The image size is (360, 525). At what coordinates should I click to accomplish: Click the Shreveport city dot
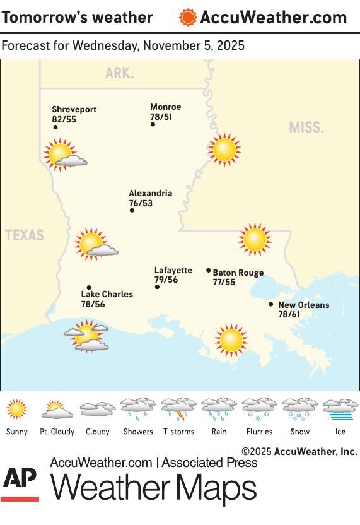pyautogui.click(x=55, y=127)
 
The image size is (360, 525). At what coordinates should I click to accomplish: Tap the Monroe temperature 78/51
pyautogui.click(x=161, y=117)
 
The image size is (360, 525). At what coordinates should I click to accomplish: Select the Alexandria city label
pyautogui.click(x=150, y=194)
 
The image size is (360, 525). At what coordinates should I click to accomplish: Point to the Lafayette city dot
pyautogui.click(x=157, y=287)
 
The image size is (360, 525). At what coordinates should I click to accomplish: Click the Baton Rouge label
pyautogui.click(x=238, y=273)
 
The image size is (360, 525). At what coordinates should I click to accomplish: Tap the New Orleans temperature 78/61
pyautogui.click(x=289, y=314)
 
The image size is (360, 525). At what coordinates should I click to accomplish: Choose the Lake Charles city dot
pyautogui.click(x=89, y=287)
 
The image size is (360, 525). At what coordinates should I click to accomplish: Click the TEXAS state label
pyautogui.click(x=25, y=235)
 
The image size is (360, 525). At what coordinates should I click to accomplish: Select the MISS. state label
pyautogui.click(x=306, y=127)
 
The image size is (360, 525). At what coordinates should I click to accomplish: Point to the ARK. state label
pyautogui.click(x=119, y=74)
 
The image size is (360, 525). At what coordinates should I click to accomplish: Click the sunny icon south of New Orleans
pyautogui.click(x=231, y=340)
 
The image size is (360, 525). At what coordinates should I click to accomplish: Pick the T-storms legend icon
pyautogui.click(x=178, y=410)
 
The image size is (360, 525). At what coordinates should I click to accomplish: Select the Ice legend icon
pyautogui.click(x=340, y=410)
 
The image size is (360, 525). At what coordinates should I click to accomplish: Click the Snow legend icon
pyautogui.click(x=299, y=410)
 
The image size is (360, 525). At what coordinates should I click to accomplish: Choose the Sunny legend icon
pyautogui.click(x=17, y=410)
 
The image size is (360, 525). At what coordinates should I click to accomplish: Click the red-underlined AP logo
pyautogui.click(x=20, y=483)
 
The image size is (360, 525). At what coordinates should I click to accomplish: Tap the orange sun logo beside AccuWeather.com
pyautogui.click(x=187, y=17)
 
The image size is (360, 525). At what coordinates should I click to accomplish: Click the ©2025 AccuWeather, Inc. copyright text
pyautogui.click(x=299, y=451)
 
